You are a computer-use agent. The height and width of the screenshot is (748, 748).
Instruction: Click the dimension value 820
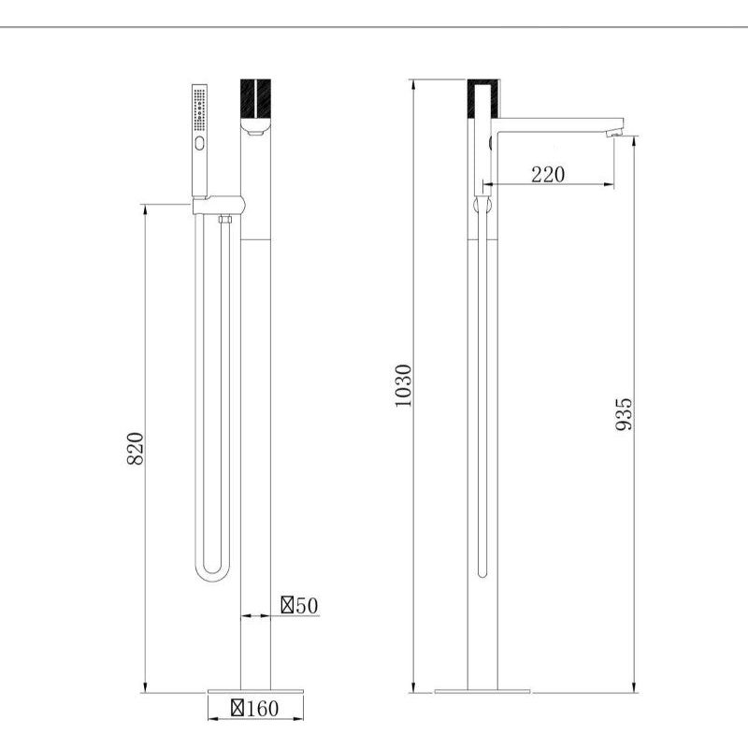click(136, 450)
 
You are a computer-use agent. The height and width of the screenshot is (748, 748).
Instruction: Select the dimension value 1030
click(402, 385)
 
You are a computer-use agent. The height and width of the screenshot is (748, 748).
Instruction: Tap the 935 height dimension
click(624, 413)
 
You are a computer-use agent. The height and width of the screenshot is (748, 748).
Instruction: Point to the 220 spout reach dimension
click(547, 174)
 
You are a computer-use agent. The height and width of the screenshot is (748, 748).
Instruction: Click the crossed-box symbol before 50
click(288, 606)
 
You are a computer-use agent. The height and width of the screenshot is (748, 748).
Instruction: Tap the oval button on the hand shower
click(198, 143)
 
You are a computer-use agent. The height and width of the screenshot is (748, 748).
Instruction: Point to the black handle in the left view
click(256, 98)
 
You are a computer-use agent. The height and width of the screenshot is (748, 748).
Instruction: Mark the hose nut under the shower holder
click(224, 221)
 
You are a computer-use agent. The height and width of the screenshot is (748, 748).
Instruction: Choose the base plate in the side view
click(482, 692)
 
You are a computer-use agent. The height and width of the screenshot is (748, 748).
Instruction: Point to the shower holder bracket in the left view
click(218, 205)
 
